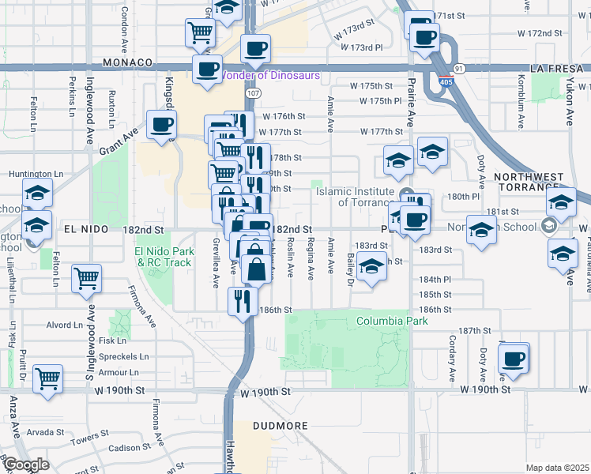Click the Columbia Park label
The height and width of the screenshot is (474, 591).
click(x=391, y=322)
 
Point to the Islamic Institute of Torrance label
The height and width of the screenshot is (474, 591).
click(x=355, y=197)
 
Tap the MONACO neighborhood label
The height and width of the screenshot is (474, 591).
click(x=126, y=62)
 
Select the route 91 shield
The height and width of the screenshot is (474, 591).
click(x=459, y=69)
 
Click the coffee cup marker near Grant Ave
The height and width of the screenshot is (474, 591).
click(x=161, y=126)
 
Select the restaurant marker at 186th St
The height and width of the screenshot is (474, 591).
click(x=242, y=300)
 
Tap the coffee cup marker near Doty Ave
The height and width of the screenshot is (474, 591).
click(x=514, y=357)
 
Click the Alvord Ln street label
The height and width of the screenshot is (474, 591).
click(x=65, y=325)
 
